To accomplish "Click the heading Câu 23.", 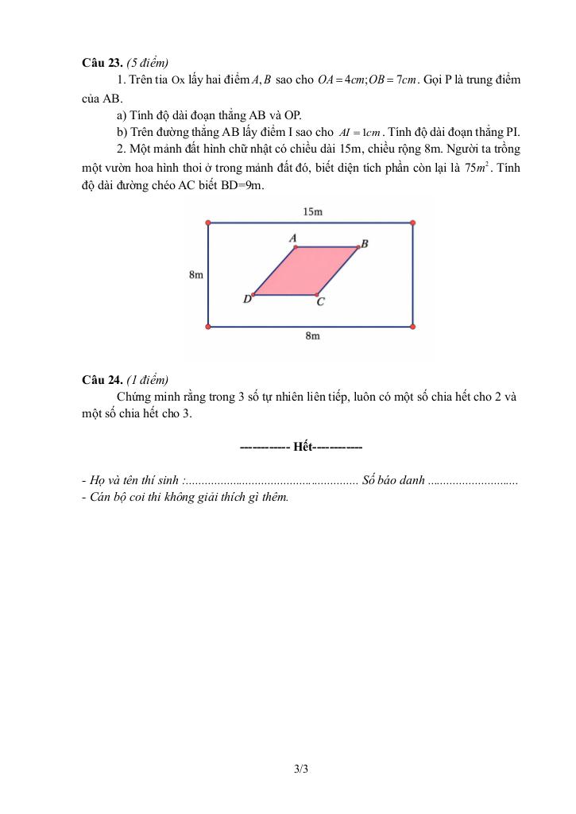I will tap(102, 62).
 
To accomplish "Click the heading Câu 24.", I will tap(102, 379).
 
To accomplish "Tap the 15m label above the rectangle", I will tap(312, 211).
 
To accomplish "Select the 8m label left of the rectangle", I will tap(195, 274).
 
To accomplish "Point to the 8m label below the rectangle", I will tap(312, 337).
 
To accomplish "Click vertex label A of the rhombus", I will tap(292, 238).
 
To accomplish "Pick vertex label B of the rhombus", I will tap(365, 242).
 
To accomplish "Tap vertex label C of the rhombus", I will tap(320, 302).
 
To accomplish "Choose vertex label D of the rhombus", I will tap(246, 300).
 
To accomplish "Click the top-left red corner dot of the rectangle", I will tap(208, 223).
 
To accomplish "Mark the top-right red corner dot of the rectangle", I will tap(413, 223).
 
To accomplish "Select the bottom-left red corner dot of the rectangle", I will tap(208, 326).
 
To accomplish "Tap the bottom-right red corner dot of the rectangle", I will tap(413, 326).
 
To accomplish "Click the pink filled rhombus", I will tap(306, 271).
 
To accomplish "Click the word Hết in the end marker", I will tap(303, 448).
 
